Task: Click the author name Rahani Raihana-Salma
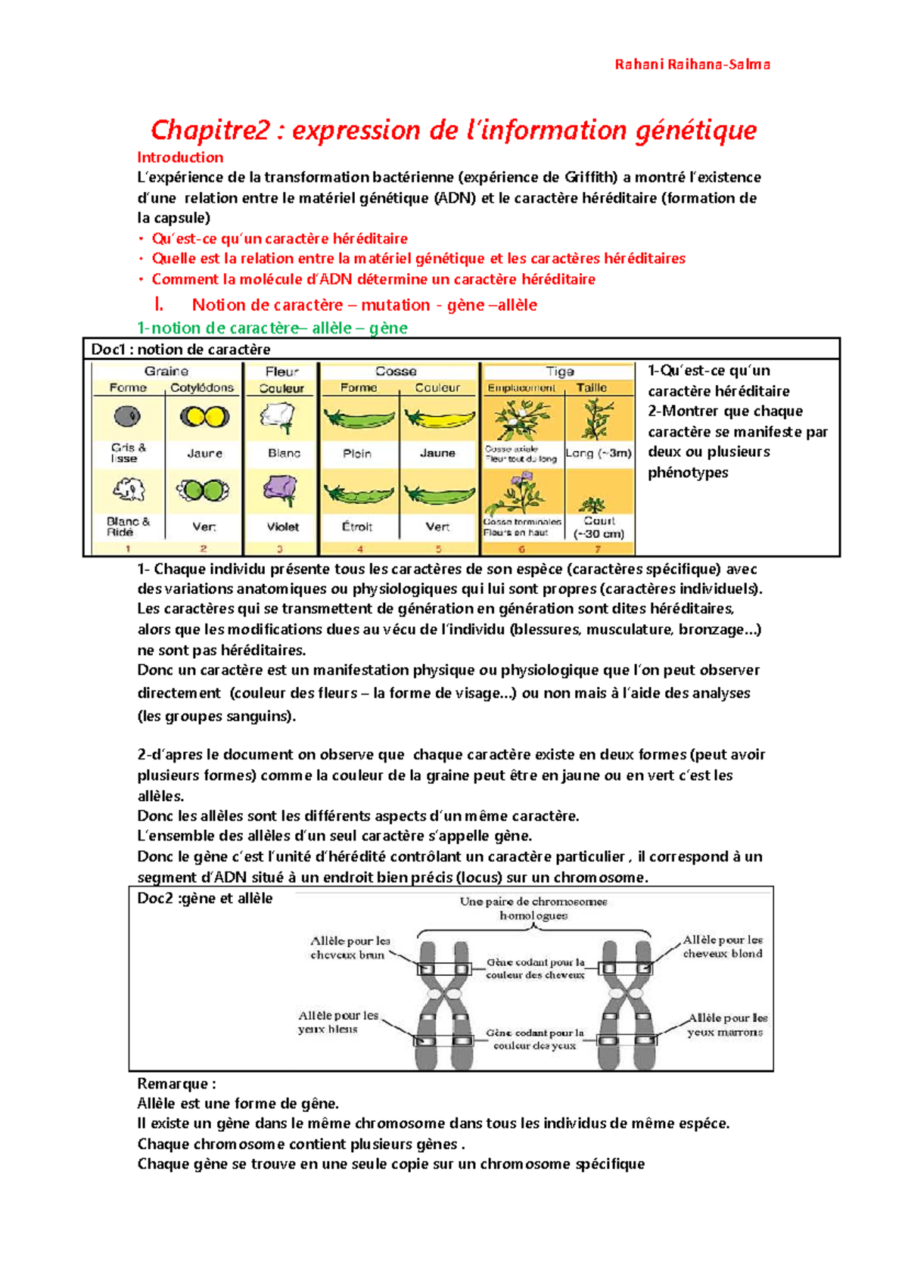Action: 692,64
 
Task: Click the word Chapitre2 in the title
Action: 210,130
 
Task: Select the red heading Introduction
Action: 180,157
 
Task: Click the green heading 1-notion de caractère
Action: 272,328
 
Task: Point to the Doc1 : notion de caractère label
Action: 181,349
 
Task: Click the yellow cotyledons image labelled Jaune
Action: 204,417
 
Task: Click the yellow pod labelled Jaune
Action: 439,418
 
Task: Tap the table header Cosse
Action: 396,371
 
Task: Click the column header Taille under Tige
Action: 591,388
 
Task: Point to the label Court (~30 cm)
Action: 599,527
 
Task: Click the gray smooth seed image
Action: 127,416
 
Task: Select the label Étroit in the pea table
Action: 357,527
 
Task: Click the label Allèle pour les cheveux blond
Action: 723,946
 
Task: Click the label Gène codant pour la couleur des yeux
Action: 534,1039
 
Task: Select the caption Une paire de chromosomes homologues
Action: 533,908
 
